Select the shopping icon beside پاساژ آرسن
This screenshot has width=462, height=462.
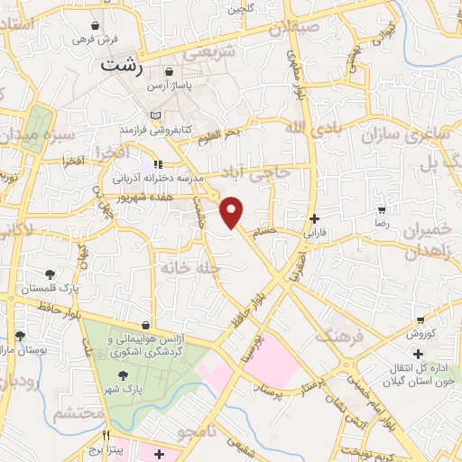pos(170,73)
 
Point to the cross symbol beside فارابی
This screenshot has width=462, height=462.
pos(313,218)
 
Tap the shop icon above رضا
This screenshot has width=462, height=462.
pos(382,209)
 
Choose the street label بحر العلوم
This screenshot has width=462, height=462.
pos(221,134)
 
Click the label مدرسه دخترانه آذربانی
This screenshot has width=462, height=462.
pos(197,177)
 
